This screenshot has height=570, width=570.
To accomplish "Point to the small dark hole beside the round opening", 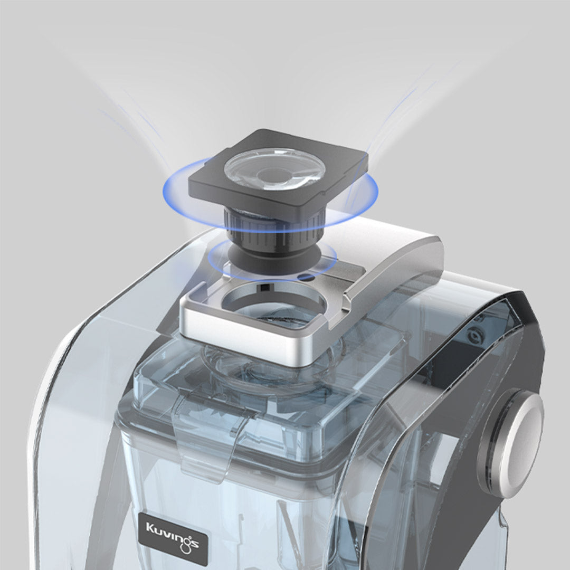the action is [x=306, y=278].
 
